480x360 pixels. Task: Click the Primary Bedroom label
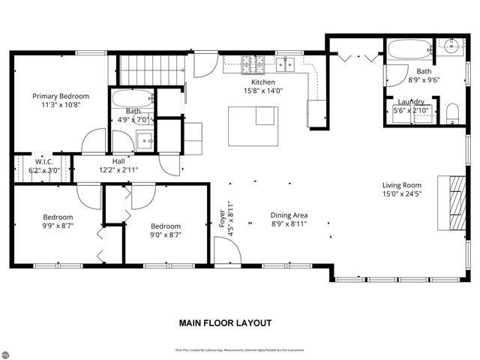60,96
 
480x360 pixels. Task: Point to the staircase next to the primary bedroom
152,69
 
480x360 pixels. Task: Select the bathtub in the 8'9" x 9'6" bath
408,51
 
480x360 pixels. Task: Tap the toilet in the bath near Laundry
452,114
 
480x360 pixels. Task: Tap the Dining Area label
289,215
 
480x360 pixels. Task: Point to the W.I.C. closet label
43,160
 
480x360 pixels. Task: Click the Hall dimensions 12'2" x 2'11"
118,170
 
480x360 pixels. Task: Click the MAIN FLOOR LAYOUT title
224,323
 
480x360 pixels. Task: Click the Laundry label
411,102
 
